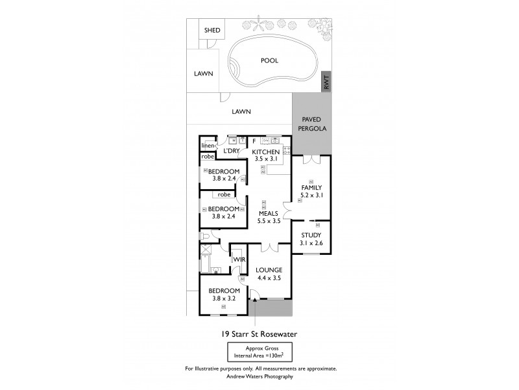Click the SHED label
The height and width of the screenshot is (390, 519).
(212, 31)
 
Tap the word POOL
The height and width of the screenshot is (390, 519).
(269, 60)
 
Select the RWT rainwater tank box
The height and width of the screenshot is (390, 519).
(327, 83)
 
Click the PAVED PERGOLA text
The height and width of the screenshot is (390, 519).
(312, 124)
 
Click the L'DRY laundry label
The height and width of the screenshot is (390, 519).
(232, 151)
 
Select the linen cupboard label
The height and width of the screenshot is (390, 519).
(208, 146)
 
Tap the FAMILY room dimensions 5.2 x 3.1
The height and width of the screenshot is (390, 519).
(311, 195)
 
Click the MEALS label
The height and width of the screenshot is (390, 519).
(269, 213)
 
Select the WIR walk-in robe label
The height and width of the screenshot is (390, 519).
(238, 259)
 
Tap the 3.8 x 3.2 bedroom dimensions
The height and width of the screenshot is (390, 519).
(224, 298)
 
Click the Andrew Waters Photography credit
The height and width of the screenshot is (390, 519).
(259, 376)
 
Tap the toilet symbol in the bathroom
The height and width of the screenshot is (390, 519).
(205, 237)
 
